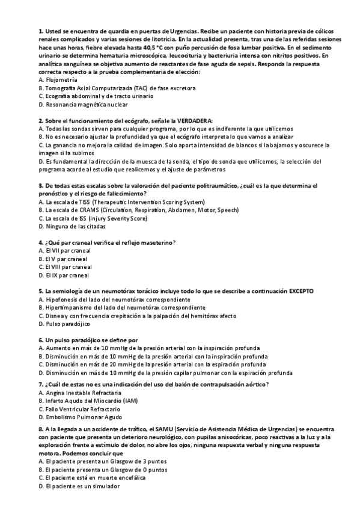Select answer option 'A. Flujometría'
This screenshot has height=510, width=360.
pyautogui.click(x=57, y=80)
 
